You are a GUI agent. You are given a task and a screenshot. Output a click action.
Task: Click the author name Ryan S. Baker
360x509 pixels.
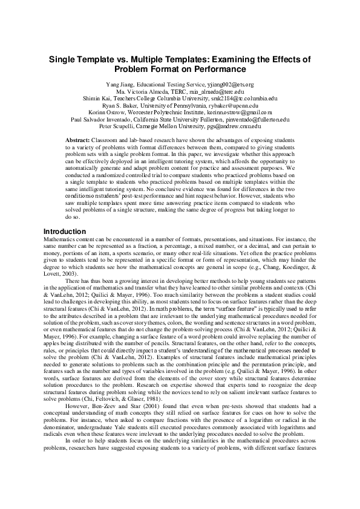coord(123,106)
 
